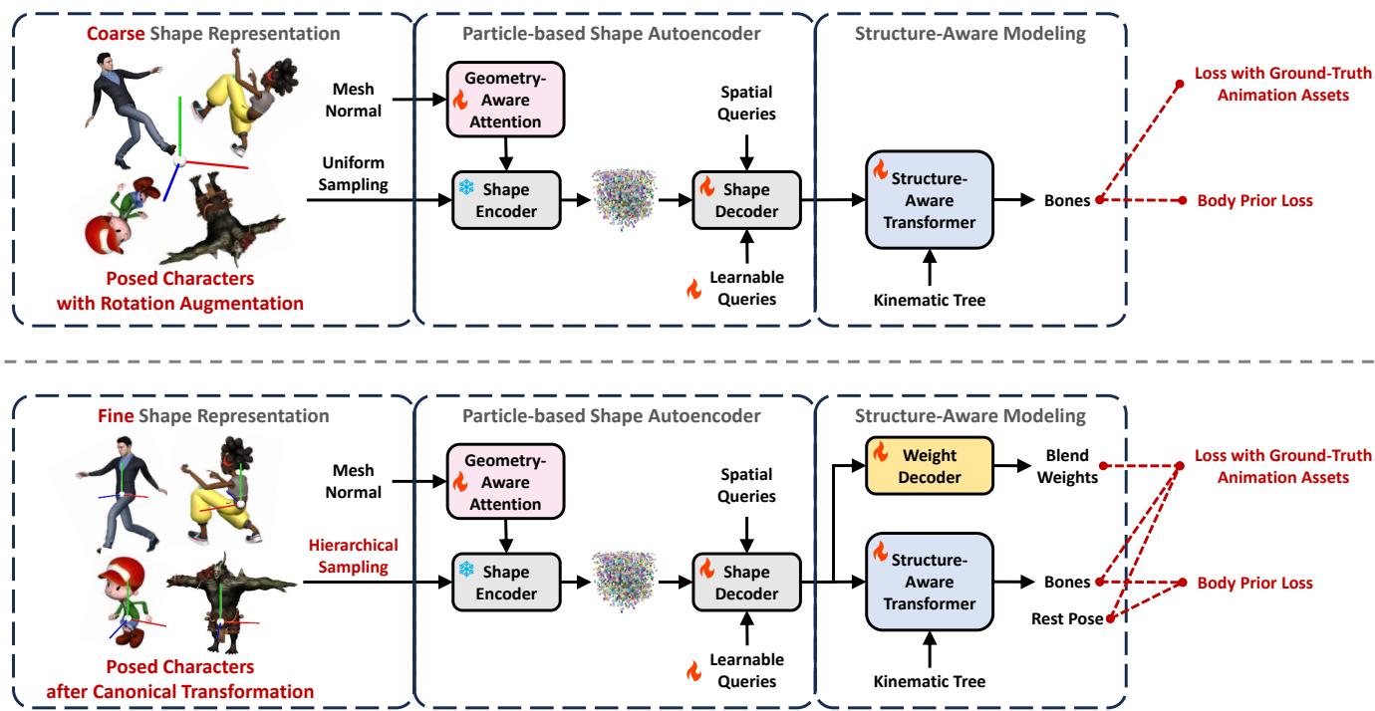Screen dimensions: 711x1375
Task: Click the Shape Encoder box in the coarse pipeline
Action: (x=508, y=200)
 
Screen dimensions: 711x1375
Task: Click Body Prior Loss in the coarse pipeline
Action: (x=1246, y=200)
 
